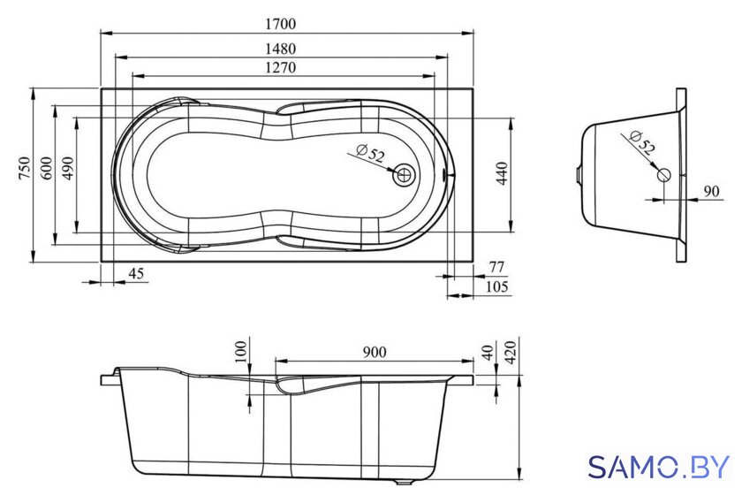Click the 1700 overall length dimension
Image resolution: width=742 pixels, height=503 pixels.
tap(280, 23)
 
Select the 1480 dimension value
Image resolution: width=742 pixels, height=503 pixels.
tap(280, 49)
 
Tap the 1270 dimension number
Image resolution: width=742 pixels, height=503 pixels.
tap(280, 67)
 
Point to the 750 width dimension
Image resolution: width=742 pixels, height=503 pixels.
tap(24, 168)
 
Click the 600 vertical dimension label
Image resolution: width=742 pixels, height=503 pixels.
tap(47, 168)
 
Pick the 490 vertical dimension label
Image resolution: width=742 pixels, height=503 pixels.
tap(67, 168)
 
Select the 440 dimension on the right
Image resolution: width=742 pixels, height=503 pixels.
tap(502, 173)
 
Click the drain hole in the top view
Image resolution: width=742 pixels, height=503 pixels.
tap(404, 175)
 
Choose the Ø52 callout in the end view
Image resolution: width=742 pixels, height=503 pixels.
tap(643, 142)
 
